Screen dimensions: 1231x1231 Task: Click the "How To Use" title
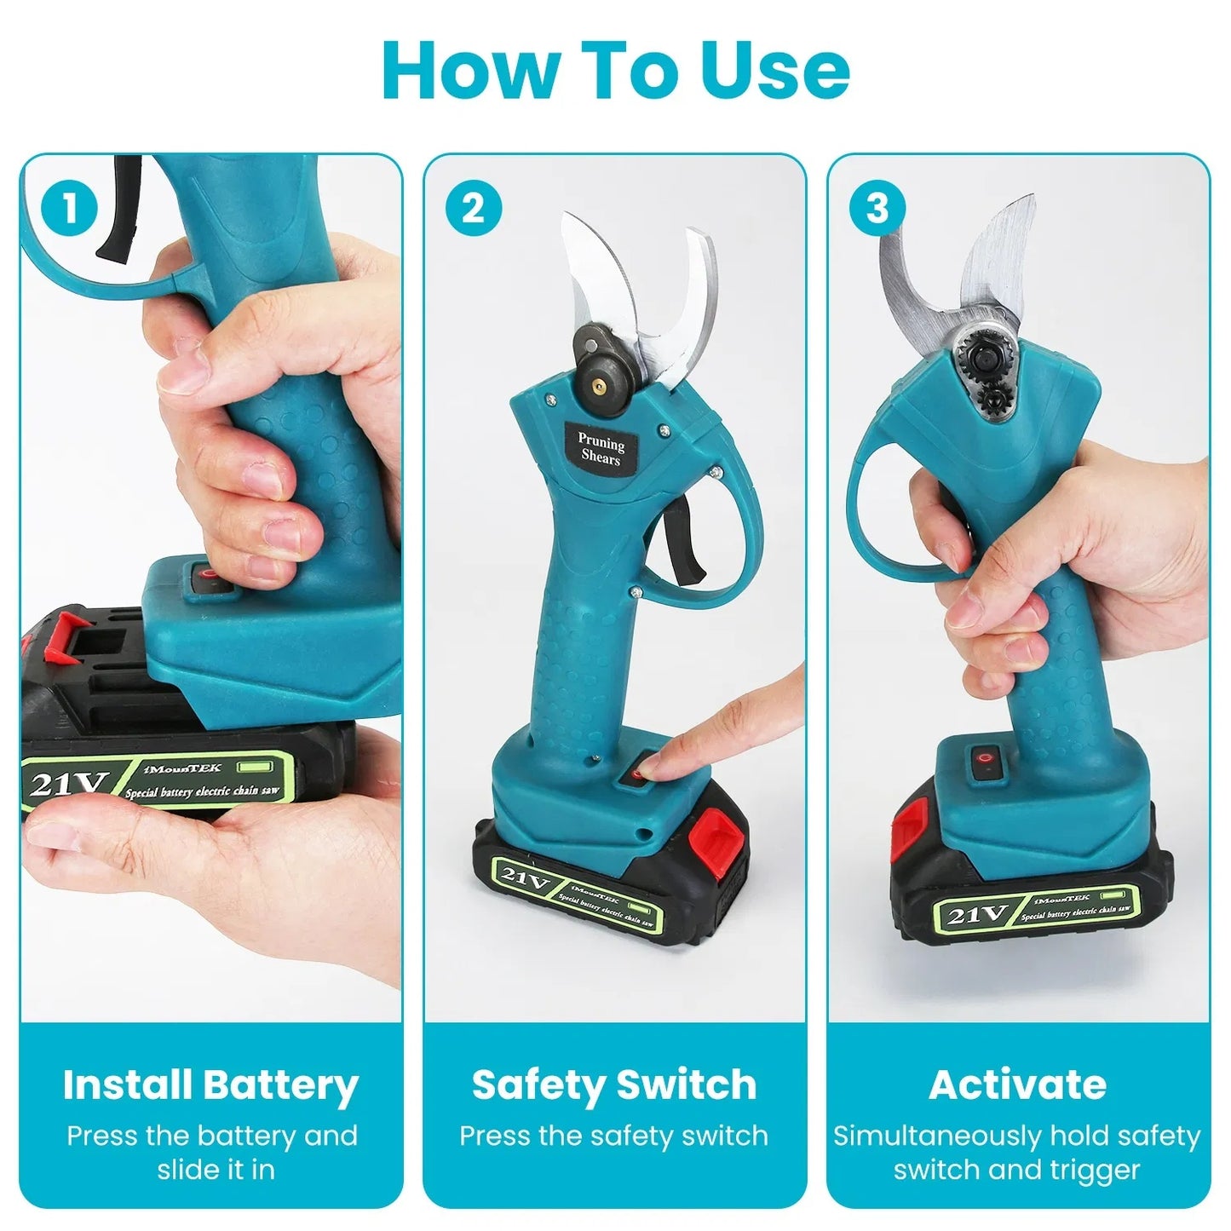(615, 70)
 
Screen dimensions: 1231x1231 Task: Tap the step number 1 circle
(70, 209)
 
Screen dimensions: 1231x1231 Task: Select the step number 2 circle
(473, 209)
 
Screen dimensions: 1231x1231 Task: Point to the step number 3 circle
(877, 209)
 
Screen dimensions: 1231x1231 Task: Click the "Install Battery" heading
(210, 1085)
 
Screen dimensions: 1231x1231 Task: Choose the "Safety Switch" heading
(614, 1085)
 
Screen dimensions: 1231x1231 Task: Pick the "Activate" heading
(1018, 1085)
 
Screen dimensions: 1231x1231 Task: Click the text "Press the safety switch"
(614, 1136)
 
